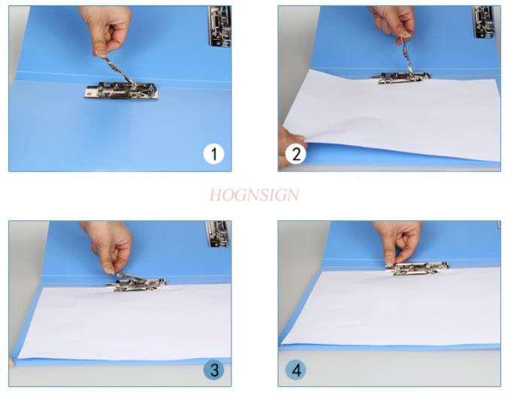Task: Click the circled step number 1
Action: (214, 155)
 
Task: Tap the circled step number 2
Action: (296, 156)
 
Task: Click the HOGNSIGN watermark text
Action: (254, 195)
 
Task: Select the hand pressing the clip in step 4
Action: (398, 239)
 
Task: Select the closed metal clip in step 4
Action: (418, 267)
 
